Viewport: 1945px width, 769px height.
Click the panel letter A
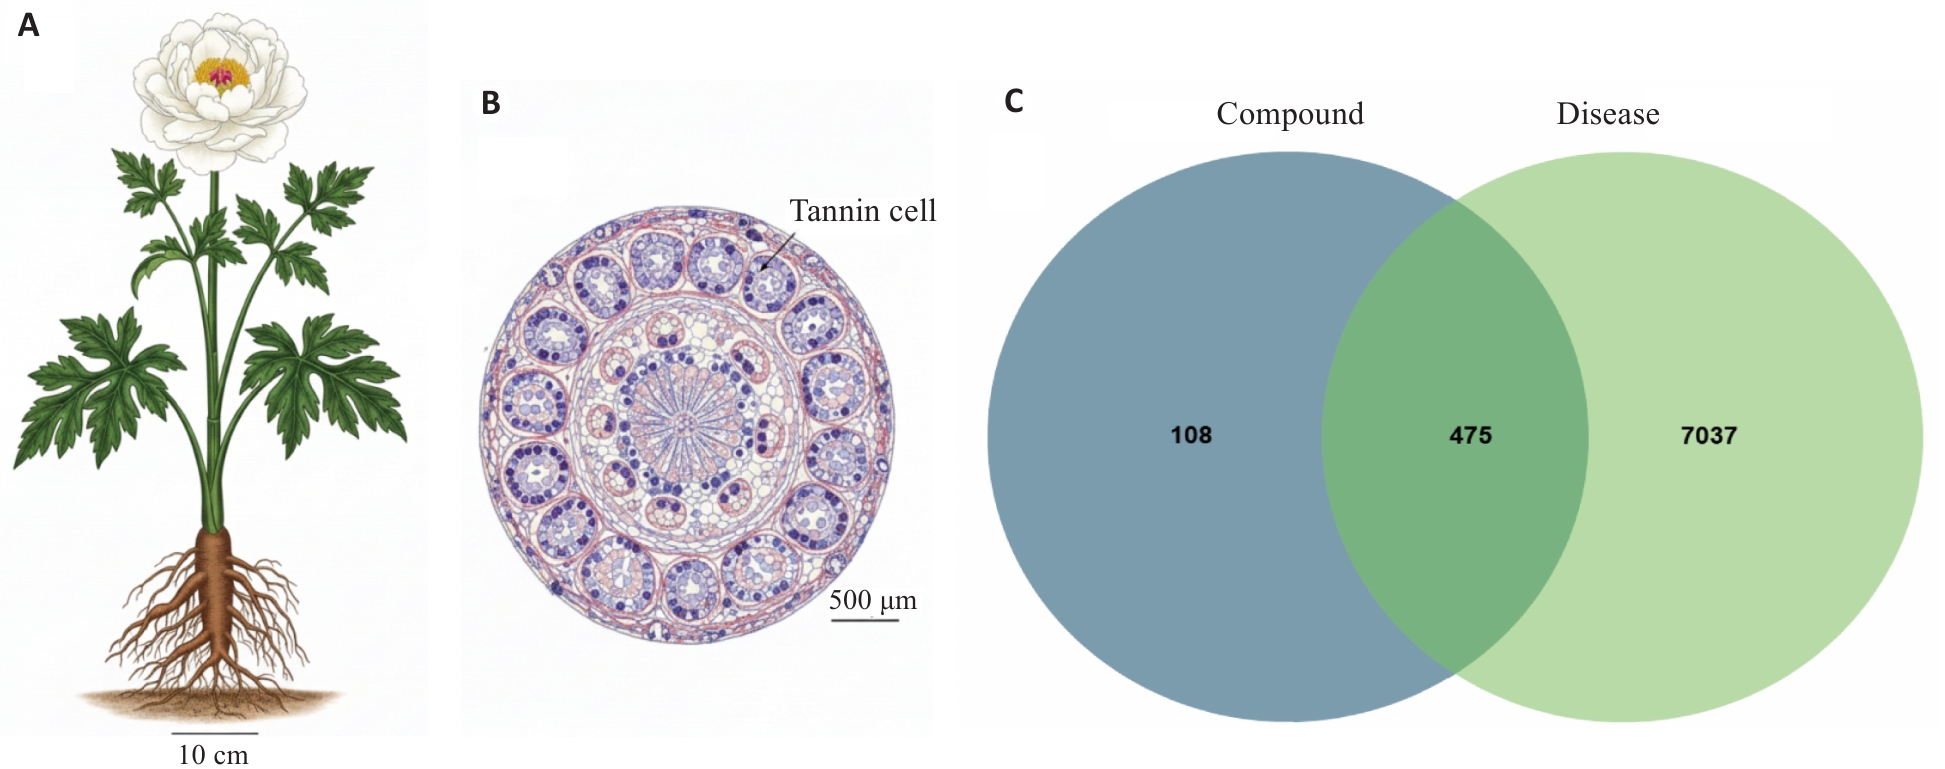[x=28, y=25]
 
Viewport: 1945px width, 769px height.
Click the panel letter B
[x=490, y=103]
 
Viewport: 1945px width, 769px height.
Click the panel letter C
[x=1013, y=102]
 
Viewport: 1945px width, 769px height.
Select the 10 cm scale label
[x=213, y=754]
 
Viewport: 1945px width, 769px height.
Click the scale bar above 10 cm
[x=214, y=734]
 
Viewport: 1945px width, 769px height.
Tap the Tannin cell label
[x=863, y=211]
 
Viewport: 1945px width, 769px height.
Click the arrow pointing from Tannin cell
[x=778, y=251]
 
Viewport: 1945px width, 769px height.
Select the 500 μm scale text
[x=873, y=600]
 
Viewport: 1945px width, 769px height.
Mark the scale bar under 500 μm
[x=865, y=620]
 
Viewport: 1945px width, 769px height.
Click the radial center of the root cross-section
[x=684, y=424]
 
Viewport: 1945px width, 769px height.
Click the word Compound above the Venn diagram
[x=1290, y=114]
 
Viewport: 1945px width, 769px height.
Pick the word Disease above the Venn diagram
[x=1608, y=114]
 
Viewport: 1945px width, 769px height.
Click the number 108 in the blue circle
[x=1191, y=435]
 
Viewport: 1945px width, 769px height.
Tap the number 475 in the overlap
[x=1470, y=435]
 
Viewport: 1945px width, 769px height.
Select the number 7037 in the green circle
[x=1708, y=435]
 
